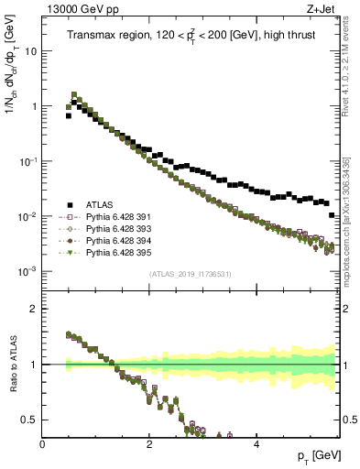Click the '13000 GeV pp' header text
pos(79,10)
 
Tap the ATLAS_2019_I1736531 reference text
pos(191,274)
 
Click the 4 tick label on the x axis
pos(256,443)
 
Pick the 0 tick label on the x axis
pos(43,443)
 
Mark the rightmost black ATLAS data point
pos(332,215)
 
